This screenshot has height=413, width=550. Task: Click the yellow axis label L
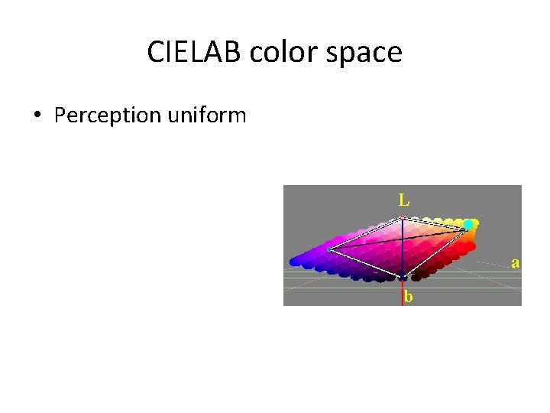click(403, 200)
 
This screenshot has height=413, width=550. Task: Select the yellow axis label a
click(516, 262)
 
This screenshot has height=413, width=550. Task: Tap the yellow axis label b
click(409, 297)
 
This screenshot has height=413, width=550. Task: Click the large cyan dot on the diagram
click(468, 225)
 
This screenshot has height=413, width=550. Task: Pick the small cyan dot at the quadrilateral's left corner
click(328, 249)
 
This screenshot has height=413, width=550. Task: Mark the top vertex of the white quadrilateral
click(403, 218)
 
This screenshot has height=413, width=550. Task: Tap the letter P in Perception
click(60, 115)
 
